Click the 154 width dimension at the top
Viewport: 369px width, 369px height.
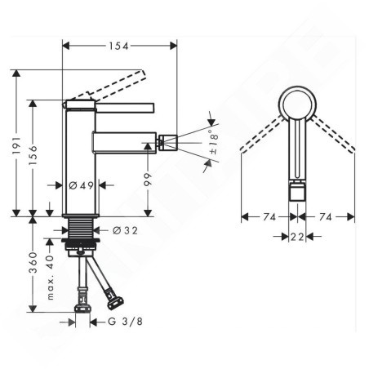(118, 46)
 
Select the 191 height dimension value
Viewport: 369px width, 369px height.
(17, 145)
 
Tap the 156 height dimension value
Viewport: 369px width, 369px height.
(33, 155)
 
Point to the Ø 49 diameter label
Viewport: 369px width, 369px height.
(81, 185)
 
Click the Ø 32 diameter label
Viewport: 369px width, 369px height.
(125, 231)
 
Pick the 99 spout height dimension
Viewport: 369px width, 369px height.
(148, 179)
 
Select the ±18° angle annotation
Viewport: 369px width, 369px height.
(214, 142)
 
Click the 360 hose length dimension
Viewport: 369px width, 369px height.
(33, 262)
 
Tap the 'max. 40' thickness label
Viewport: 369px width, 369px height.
(51, 278)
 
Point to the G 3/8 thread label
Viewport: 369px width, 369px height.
(125, 322)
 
